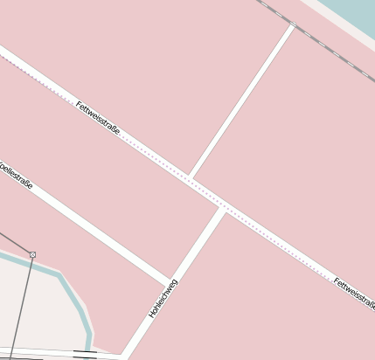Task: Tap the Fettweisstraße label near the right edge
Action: [x=354, y=294]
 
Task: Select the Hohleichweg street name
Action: [x=163, y=298]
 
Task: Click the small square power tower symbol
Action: [x=32, y=254]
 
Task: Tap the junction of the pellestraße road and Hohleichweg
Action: [x=169, y=282]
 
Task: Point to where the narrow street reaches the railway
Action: [x=293, y=26]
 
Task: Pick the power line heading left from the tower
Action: [x=13, y=242]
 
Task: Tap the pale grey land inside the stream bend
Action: [x=39, y=306]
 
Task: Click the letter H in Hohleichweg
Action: [x=152, y=314]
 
